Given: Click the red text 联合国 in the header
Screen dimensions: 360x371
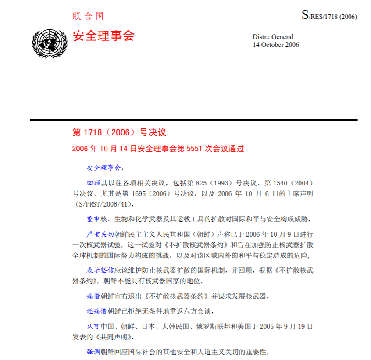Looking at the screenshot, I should coord(88,16).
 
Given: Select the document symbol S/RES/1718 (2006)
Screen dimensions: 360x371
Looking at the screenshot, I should coord(329,16).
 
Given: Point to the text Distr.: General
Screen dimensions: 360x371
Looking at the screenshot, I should coord(273,37).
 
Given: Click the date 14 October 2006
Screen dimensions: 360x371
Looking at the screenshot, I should coord(276,45).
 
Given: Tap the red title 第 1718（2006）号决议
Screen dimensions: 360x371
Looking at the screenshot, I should coord(119,133).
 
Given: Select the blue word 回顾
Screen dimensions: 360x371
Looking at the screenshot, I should coord(94,182).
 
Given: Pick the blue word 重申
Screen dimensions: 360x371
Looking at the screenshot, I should coord(94,218).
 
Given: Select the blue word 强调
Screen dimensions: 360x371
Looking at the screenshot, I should coord(94,352).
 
